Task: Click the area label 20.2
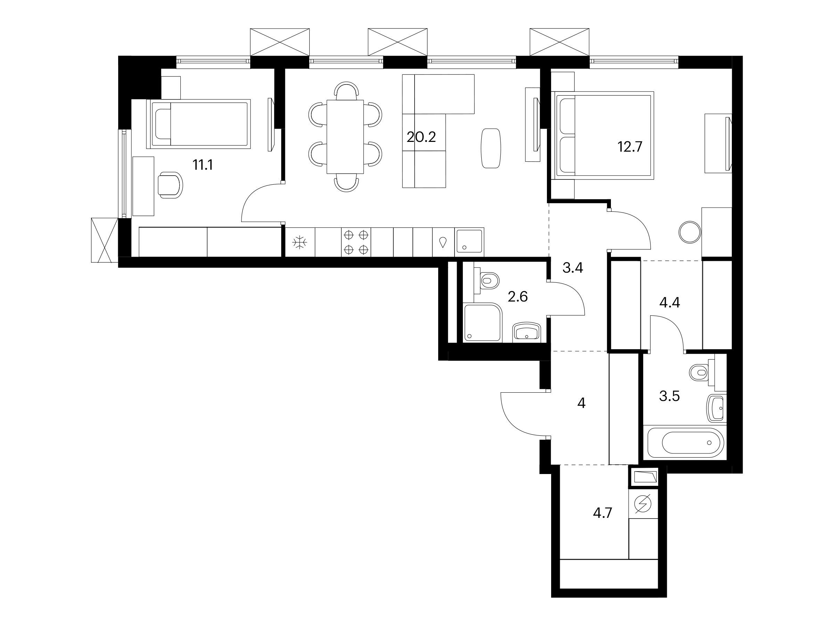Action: pyautogui.click(x=421, y=137)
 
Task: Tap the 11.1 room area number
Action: pyautogui.click(x=203, y=165)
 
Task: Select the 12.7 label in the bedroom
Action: pyautogui.click(x=629, y=146)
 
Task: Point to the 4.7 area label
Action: pyautogui.click(x=602, y=513)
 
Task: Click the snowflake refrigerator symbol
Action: pyautogui.click(x=300, y=242)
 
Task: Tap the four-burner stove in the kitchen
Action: pyautogui.click(x=356, y=242)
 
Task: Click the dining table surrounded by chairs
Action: pyautogui.click(x=345, y=137)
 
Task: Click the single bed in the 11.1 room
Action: pyautogui.click(x=198, y=124)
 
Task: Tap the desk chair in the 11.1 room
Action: pyautogui.click(x=170, y=185)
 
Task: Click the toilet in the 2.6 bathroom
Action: pyautogui.click(x=486, y=281)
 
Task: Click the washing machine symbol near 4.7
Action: pyautogui.click(x=643, y=503)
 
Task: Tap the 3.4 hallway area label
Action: pyautogui.click(x=573, y=268)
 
